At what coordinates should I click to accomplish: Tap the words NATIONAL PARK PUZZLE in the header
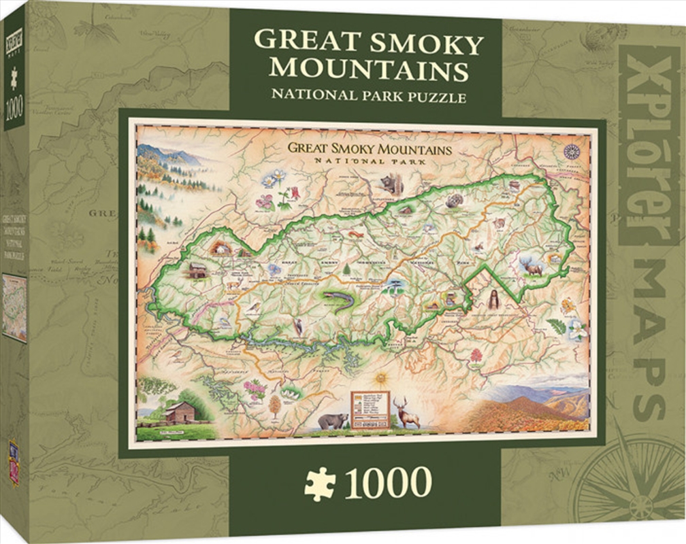point(368,95)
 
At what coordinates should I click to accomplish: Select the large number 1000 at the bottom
point(389,482)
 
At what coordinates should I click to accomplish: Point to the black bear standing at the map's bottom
point(332,420)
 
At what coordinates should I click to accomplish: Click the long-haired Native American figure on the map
point(492,299)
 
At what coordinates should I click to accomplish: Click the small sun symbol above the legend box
point(380,376)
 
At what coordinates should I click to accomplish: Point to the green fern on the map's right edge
point(556,326)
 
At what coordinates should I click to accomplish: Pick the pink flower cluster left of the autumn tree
point(255,390)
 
